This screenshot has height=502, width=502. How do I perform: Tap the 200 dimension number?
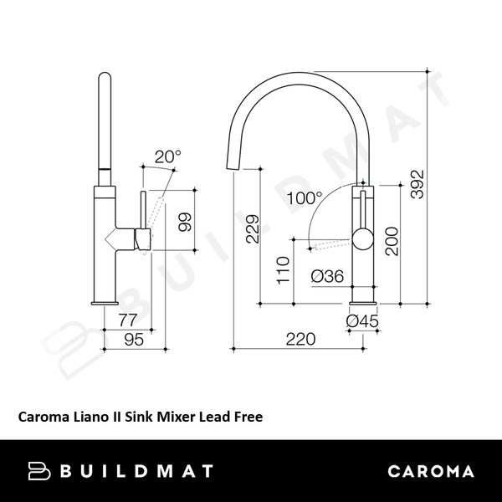click(392, 241)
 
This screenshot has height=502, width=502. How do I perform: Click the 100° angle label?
click(303, 199)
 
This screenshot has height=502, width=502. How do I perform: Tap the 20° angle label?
click(167, 156)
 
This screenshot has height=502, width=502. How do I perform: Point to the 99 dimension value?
click(185, 222)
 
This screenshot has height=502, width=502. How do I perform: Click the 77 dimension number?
click(127, 319)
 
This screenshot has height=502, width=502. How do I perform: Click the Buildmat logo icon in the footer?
click(40, 470)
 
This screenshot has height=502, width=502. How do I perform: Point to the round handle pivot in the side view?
click(362, 240)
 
